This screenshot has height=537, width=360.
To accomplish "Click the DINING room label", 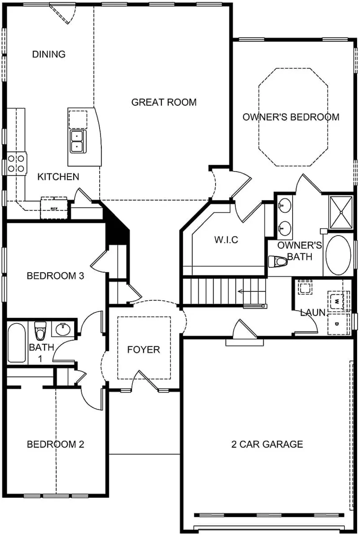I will (49, 54).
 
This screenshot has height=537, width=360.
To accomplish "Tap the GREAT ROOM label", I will (164, 102).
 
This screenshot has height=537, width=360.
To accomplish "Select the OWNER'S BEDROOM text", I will (291, 117).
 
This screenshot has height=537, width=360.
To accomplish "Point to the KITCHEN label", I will (58, 177).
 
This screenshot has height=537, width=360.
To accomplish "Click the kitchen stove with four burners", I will (16, 163).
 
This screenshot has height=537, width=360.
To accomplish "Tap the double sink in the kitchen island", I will (77, 141).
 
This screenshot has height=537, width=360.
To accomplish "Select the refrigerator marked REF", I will (54, 208).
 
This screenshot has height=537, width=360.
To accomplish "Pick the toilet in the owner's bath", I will (277, 261).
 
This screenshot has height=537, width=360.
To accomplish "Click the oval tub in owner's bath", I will (338, 255).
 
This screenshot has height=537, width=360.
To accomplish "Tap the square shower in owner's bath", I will (341, 212).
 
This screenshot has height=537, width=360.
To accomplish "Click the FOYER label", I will (144, 349).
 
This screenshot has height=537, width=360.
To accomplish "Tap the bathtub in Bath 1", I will (17, 342).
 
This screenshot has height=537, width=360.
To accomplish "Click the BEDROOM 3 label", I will (56, 276).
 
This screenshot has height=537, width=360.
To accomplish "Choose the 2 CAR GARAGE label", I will (267, 444).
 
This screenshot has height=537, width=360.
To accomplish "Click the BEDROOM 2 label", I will (56, 444).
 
